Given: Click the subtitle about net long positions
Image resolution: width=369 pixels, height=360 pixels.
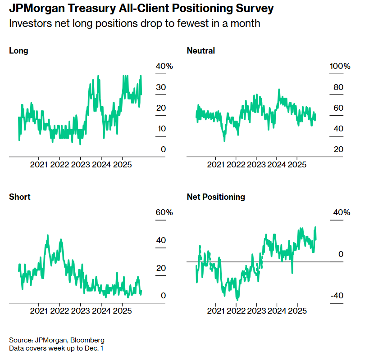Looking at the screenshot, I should pos(135,23).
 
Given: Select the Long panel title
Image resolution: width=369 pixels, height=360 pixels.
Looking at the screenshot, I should pos(18,51).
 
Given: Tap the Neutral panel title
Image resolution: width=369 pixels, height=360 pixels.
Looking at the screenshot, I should pos(200,51).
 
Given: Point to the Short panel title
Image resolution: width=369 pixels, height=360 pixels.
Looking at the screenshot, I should pos(20,197).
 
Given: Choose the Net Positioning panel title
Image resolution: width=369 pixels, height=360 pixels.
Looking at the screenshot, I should pos(216,197).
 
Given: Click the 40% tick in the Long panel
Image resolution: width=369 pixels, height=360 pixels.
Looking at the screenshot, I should pos(164,67).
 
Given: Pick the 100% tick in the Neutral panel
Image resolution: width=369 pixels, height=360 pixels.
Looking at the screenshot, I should pos(340,67).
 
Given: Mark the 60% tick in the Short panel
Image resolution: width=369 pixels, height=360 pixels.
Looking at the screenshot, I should pos(164,212).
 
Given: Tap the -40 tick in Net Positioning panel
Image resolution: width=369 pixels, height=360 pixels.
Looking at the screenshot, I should pos(338,296).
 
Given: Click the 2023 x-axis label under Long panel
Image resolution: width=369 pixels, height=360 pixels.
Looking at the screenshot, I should pos(80,164).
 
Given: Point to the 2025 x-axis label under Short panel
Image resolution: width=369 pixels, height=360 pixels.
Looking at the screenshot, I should pos(122,310).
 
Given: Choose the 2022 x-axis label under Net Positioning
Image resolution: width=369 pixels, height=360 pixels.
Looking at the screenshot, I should pos(236,310).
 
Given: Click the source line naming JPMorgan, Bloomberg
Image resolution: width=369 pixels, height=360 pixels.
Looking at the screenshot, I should pos(57,340).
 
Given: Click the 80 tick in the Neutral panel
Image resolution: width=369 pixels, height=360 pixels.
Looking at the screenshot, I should pos(338,87).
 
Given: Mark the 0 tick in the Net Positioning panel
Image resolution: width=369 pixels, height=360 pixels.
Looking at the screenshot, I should pos(341,254).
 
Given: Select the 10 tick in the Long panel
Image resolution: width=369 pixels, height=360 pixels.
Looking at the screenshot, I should pos(161,129).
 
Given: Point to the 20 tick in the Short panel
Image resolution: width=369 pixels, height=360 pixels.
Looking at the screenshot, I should pos(161,268).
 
